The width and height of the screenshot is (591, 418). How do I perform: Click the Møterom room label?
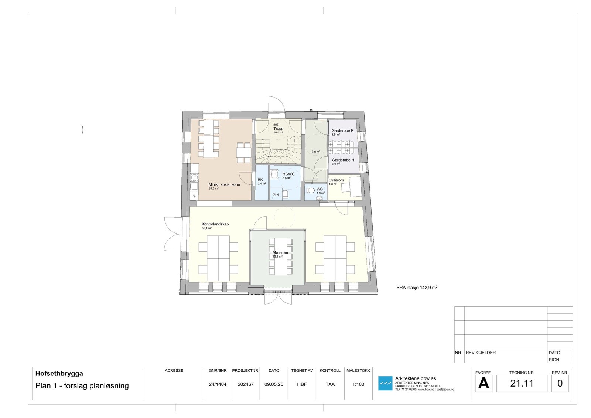click(280, 253)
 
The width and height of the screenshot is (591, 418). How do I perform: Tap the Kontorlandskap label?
click(215, 224)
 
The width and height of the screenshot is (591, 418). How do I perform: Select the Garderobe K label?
click(342, 131)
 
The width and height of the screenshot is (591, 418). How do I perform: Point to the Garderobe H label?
click(343, 160)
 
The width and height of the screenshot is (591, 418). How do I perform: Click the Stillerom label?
click(336, 180)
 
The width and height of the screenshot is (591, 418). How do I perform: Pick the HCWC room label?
click(288, 174)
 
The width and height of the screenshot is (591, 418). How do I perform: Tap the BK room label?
click(260, 180)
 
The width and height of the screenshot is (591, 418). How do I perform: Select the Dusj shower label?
click(276, 194)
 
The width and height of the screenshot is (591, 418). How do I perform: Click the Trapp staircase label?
click(278, 129)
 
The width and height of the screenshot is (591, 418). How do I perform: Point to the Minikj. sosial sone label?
click(224, 184)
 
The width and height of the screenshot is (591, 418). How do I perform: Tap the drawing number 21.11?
click(522, 384)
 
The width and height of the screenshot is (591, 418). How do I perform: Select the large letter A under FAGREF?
click(483, 384)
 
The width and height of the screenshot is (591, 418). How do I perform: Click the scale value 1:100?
click(358, 384)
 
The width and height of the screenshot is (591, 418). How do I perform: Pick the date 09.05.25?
click(274, 384)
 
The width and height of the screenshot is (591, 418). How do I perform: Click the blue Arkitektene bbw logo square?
click(385, 383)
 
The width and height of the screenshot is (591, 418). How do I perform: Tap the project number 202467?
click(246, 384)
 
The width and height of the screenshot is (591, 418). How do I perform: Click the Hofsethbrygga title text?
click(59, 374)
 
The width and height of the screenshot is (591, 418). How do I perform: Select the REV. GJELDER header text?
click(481, 353)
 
